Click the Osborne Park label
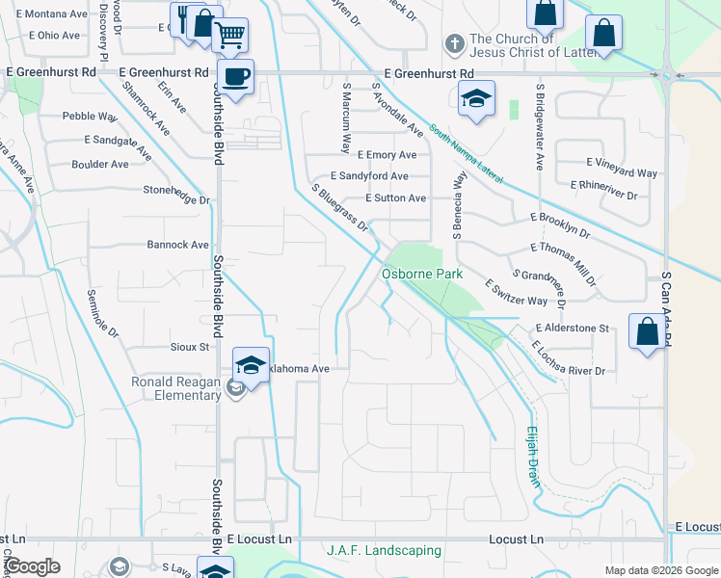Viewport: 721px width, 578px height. (422, 274)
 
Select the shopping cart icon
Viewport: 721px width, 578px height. (229, 36)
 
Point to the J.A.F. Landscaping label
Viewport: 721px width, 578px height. (384, 551)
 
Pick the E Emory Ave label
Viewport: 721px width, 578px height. (387, 154)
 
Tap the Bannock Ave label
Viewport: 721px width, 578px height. (178, 245)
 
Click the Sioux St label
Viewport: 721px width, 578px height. (191, 347)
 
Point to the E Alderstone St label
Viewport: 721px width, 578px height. (573, 328)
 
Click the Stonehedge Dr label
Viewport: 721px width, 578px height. (176, 195)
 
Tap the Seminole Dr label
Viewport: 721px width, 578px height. (102, 314)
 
